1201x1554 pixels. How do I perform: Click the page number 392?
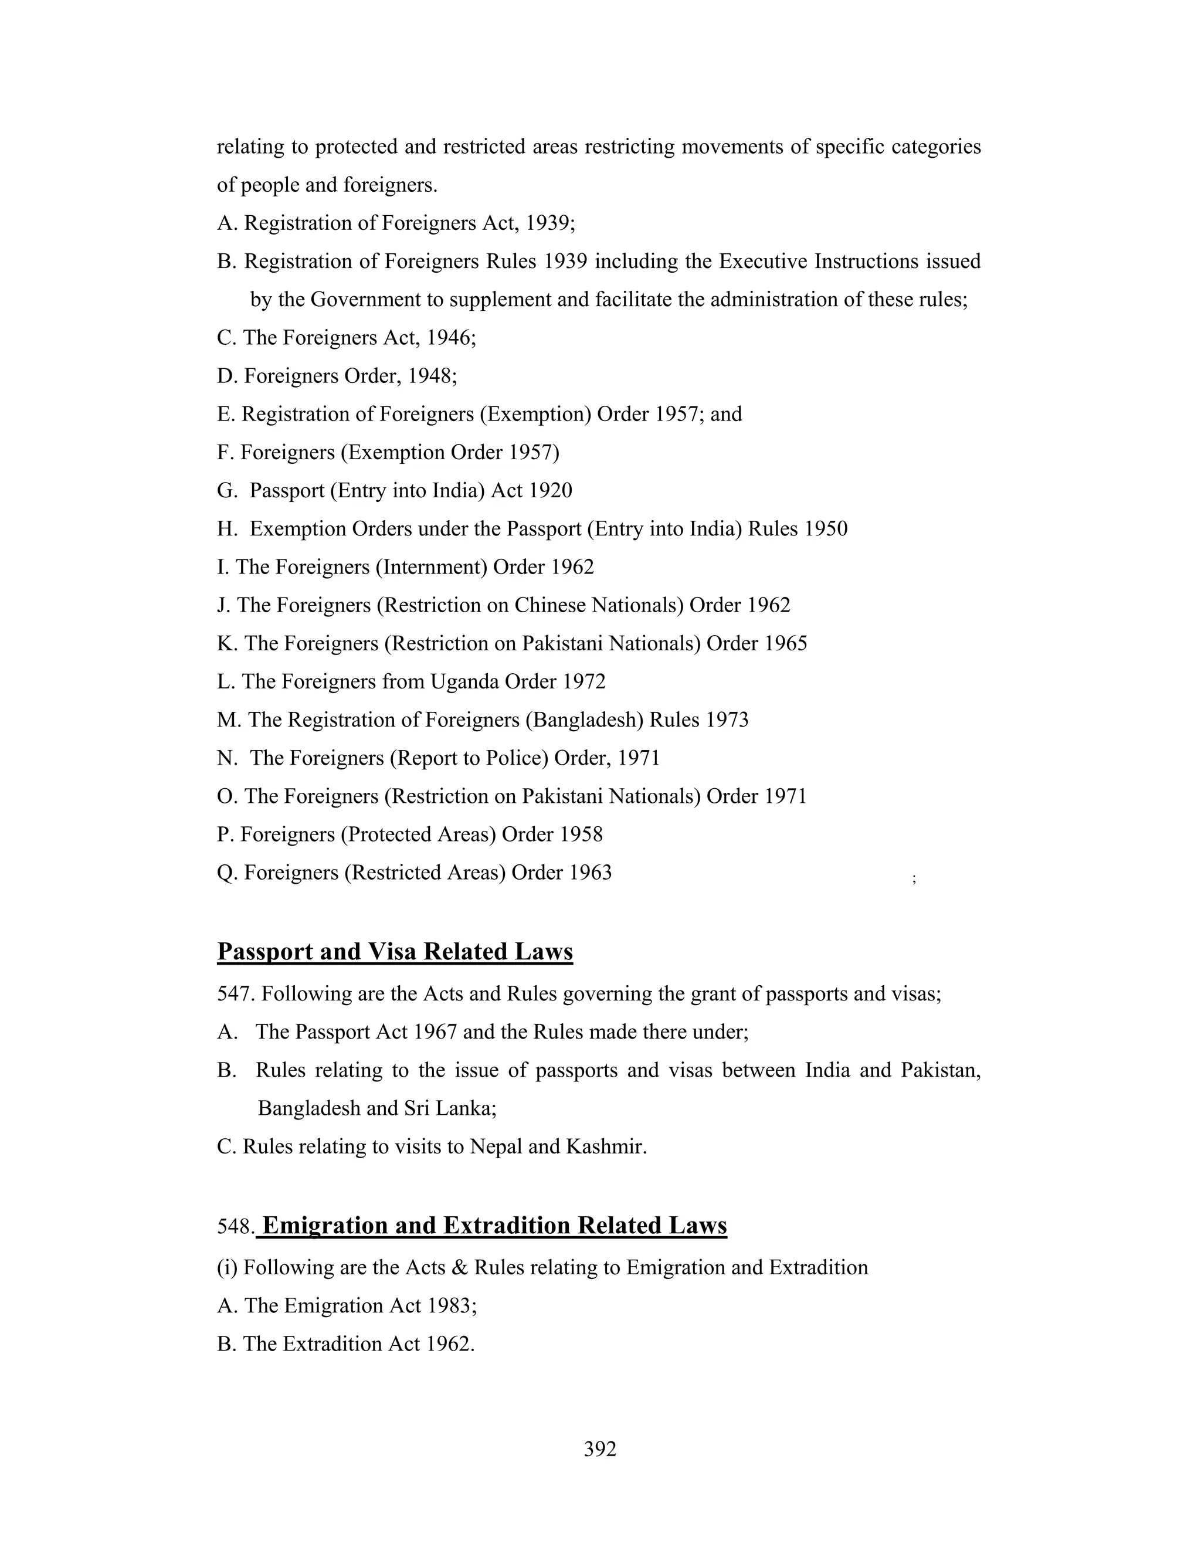[x=600, y=1448]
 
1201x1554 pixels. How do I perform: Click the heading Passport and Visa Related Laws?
[x=395, y=951]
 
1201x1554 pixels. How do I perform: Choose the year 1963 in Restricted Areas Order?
[x=590, y=873]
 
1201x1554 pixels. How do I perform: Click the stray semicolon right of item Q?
[x=914, y=879]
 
